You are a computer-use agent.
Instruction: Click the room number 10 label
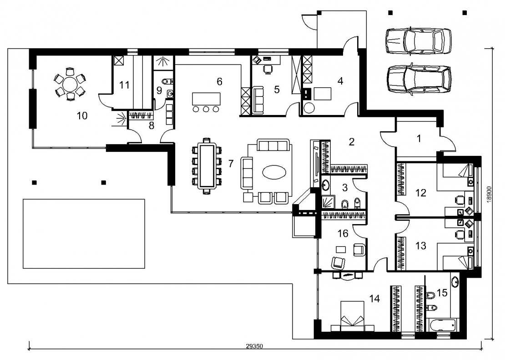tap(82, 115)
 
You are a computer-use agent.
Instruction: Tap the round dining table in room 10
tap(70, 85)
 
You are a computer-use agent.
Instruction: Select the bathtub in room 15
tap(444, 325)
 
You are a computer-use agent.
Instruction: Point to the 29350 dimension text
tap(254, 346)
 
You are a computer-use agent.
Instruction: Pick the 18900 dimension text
tap(489, 195)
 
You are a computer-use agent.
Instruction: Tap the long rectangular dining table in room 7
tap(206, 166)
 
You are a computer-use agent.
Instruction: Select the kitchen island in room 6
tap(206, 99)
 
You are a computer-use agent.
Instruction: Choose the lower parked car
tap(419, 79)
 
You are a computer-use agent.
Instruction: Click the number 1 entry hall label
tap(419, 139)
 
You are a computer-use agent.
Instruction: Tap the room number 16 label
tap(343, 233)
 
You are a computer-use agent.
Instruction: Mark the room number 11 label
tap(124, 85)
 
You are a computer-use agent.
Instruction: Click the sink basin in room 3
tap(325, 185)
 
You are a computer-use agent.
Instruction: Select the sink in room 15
tap(455, 282)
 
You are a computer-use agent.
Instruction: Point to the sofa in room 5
tap(258, 100)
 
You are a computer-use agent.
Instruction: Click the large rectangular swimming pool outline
tap(84, 234)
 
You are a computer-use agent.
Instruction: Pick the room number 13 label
tap(421, 246)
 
